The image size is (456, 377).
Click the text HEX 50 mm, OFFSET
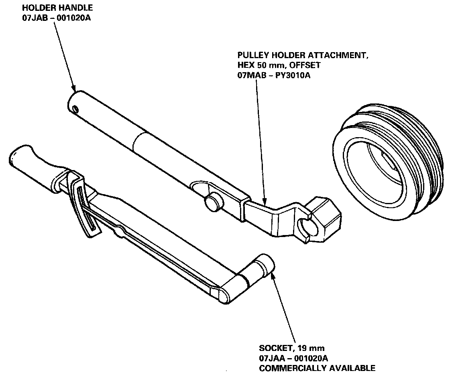point(279,65)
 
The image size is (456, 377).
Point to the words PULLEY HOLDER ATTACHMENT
point(302,55)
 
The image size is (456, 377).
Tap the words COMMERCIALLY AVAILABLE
point(317,368)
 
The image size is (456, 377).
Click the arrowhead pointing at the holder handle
point(74,88)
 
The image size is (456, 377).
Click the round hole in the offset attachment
point(304,227)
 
